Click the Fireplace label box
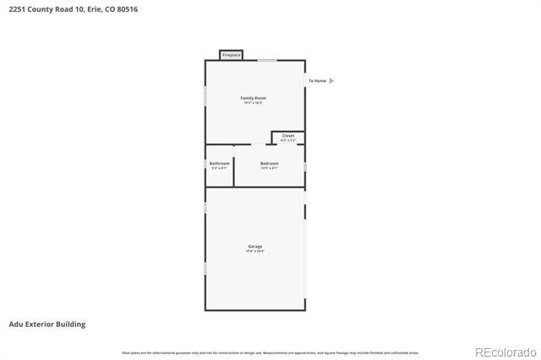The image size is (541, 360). [x=231, y=56]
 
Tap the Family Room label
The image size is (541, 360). [x=254, y=98]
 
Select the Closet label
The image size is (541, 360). [x=288, y=135]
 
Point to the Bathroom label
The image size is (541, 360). [x=220, y=163]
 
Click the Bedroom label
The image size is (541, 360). [x=270, y=163]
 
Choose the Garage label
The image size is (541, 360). [x=254, y=246]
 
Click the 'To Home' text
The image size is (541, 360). [x=317, y=81]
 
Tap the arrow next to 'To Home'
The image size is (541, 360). [x=331, y=81]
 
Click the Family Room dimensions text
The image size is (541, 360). [x=254, y=103]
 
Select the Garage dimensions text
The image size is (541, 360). [x=254, y=251]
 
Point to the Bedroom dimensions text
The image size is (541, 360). [x=270, y=168]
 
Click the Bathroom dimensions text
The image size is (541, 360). [x=220, y=168]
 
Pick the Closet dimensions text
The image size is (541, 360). [x=288, y=140]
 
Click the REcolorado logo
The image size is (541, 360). [x=505, y=352]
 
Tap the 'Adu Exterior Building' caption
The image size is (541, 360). [x=46, y=324]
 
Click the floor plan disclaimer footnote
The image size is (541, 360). [x=270, y=352]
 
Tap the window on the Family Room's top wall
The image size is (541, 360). [x=267, y=60]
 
